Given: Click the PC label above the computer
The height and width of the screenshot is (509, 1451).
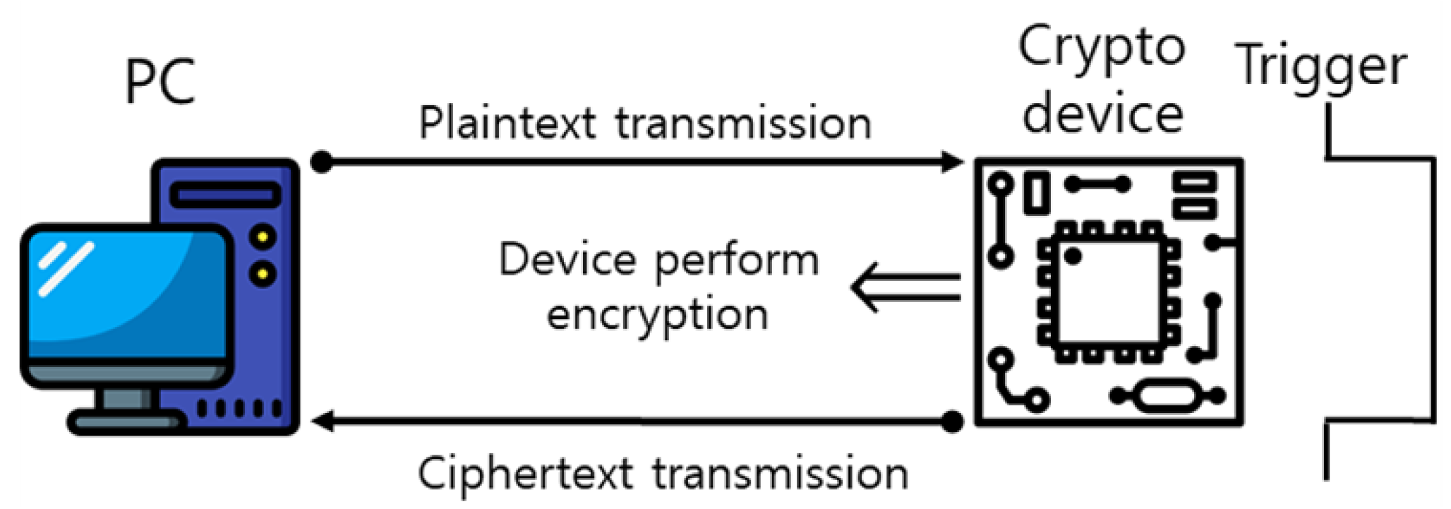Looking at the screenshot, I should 160,83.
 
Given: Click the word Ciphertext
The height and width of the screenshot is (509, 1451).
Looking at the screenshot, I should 525,474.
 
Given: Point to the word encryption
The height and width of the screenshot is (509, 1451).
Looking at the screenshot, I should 657,316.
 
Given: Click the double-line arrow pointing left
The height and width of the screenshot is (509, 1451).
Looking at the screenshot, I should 906,287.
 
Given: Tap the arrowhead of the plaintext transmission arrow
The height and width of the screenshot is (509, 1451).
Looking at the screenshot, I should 953,162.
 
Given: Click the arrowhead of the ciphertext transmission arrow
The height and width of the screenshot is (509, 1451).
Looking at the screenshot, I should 323,421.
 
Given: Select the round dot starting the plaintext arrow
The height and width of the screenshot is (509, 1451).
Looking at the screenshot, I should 321,162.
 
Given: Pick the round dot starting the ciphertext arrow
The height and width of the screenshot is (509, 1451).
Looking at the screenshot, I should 953,421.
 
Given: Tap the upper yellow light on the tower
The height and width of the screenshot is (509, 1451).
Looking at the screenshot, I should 263,236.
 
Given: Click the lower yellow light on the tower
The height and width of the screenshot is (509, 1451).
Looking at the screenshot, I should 263,273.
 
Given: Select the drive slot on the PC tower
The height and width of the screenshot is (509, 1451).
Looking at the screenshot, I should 225,195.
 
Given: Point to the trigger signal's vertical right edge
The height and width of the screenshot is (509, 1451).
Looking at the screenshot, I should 1433,289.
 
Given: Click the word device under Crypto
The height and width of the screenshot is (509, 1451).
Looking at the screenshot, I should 1102,115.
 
